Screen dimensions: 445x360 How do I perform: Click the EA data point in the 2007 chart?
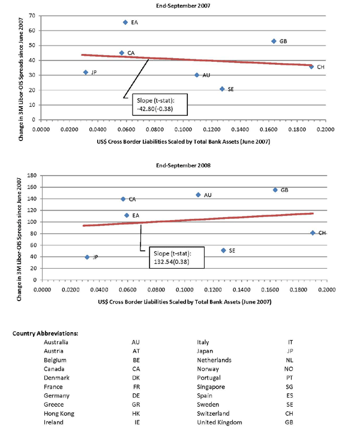(125, 22)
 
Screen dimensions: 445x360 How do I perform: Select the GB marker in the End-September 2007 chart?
(274, 41)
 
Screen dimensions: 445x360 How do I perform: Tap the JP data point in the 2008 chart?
(87, 257)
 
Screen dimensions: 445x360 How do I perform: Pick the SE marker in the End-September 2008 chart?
(224, 250)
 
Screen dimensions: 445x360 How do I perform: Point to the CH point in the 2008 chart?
(313, 233)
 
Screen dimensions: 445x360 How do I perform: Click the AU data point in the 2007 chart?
(197, 75)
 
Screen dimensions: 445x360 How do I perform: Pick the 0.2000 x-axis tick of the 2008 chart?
(326, 289)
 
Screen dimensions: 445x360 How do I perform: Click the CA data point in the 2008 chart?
(123, 199)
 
